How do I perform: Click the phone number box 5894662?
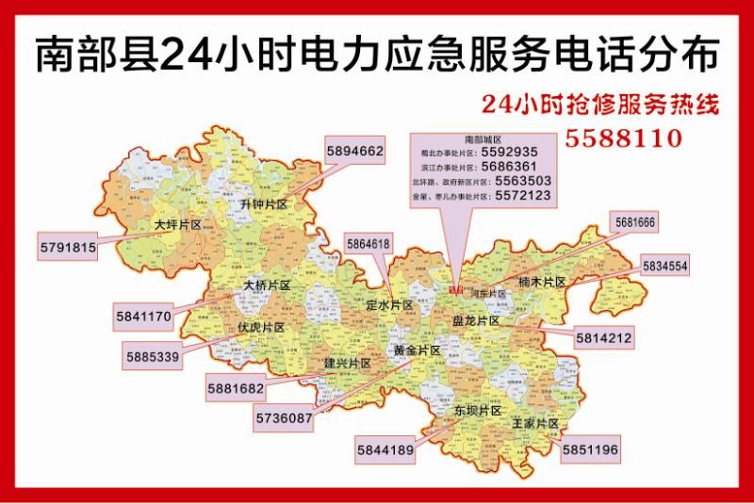[354, 151]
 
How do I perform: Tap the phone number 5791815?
[68, 248]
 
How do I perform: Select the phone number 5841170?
[143, 317]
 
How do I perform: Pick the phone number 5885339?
[152, 357]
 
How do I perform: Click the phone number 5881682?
[235, 386]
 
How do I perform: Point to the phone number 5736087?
[284, 416]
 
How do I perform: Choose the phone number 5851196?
[590, 450]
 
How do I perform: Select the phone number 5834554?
[664, 267]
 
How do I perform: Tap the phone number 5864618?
[368, 244]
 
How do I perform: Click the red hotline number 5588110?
[623, 138]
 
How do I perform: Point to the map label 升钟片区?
[263, 203]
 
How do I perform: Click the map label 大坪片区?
[179, 225]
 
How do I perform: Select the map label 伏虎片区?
[260, 327]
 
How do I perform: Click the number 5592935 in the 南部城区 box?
[509, 152]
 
